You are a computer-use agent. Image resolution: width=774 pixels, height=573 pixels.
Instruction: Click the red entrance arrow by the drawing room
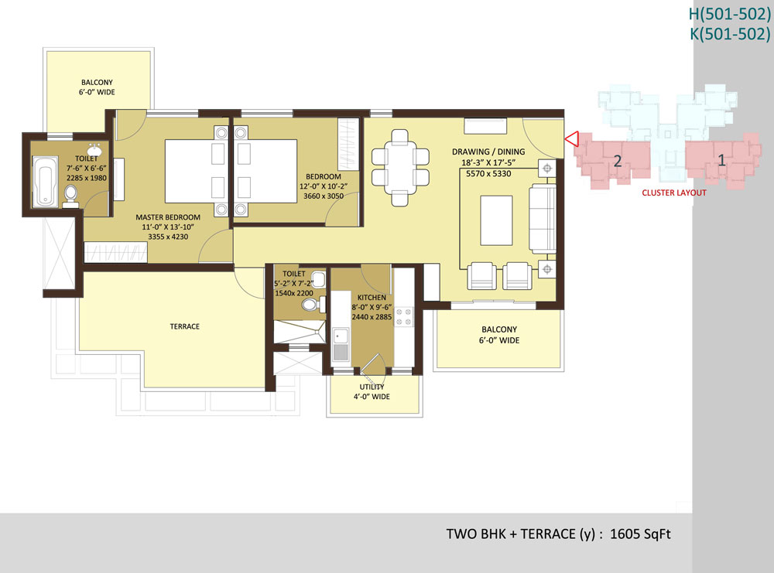573,139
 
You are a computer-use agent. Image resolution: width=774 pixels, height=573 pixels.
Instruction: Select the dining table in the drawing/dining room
400,167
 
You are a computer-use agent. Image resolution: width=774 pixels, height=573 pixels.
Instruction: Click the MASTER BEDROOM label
168,217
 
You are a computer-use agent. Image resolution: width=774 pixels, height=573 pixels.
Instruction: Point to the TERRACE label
185,326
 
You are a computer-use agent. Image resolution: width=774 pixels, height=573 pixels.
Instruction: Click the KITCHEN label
372,298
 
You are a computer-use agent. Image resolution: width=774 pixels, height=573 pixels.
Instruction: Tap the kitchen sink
341,344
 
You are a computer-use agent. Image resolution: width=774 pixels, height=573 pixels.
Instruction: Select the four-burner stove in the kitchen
404,316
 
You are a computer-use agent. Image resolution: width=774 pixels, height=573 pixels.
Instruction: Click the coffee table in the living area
496,220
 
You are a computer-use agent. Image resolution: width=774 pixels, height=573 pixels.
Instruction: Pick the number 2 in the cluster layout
617,161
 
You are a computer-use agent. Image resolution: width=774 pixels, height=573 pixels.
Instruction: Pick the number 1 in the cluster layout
721,160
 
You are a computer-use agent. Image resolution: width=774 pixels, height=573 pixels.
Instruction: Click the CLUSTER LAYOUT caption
674,193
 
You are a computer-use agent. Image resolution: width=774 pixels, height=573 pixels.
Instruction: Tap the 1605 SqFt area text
640,534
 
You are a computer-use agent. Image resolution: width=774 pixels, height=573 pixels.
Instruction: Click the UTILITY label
372,387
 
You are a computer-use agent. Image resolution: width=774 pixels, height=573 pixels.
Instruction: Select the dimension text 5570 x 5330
488,173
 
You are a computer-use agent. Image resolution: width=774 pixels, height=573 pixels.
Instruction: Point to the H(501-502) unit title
730,14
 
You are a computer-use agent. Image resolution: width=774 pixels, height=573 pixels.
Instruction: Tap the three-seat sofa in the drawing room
542,218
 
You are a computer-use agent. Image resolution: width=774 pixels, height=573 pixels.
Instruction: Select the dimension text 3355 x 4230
168,237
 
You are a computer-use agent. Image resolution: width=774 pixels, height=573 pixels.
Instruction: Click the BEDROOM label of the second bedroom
324,176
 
